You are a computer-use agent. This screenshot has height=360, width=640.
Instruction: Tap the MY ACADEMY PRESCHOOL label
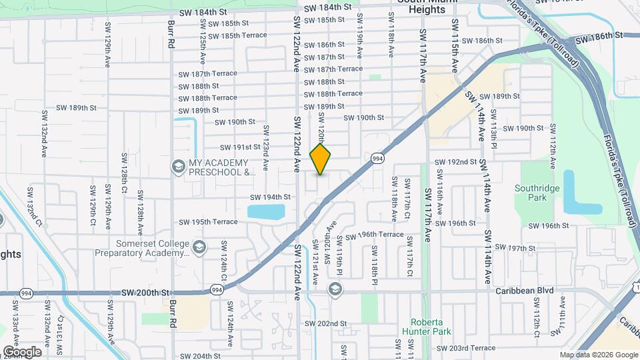pyautogui.click(x=218, y=167)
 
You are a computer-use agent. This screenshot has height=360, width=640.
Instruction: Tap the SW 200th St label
pyautogui.click(x=147, y=293)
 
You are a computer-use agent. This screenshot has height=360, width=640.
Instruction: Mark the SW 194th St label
pyautogui.click(x=270, y=197)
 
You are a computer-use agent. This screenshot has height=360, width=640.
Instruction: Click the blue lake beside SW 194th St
pyautogui.click(x=266, y=212)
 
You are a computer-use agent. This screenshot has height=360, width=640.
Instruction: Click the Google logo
pyautogui.click(x=22, y=352)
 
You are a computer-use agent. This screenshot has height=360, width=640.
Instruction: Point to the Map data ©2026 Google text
pyautogui.click(x=599, y=355)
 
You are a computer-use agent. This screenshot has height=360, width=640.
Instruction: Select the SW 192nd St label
pyautogui.click(x=456, y=162)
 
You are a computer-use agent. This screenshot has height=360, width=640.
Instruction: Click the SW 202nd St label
pyautogui.click(x=326, y=323)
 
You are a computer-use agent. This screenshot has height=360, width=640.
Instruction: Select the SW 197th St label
pyautogui.click(x=526, y=247)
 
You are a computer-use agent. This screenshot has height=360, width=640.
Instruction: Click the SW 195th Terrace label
pyautogui.click(x=208, y=221)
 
